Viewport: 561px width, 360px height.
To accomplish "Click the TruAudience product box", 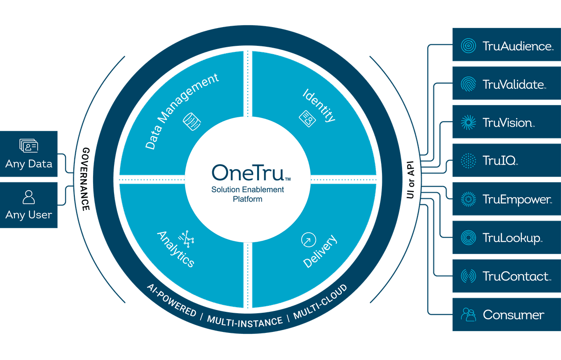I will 506,45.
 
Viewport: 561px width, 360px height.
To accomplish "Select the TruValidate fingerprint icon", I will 468,84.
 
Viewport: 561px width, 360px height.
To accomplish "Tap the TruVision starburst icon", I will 468,122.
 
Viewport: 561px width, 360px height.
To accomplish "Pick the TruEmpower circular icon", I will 468,199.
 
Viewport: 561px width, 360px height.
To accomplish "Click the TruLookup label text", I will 512,238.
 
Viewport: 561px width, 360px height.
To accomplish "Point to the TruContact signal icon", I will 468,276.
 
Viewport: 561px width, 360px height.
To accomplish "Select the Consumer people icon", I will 468,314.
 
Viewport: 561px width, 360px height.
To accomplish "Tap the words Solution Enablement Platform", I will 247,194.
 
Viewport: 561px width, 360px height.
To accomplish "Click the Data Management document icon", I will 192,121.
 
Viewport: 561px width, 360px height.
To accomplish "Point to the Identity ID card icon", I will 307,118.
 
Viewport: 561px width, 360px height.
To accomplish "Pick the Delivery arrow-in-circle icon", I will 308,240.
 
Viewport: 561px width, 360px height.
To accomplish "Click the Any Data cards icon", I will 29,146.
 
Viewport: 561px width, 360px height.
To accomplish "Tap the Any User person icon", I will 29,197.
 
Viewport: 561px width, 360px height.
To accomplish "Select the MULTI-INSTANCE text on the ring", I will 245,321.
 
